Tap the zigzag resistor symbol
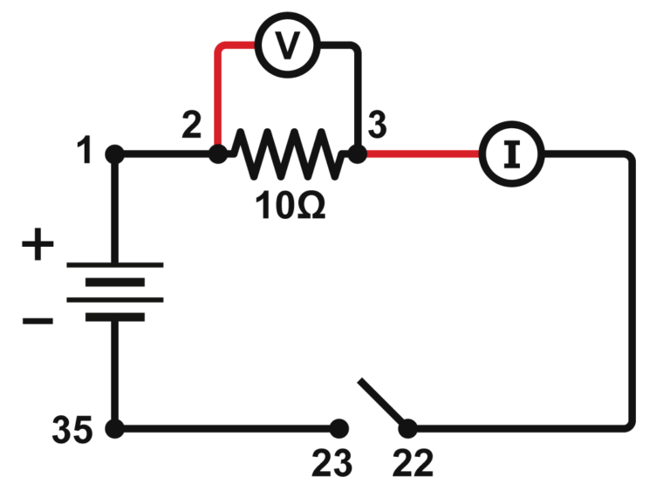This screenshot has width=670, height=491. coord(287,154)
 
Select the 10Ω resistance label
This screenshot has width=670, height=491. coord(291,205)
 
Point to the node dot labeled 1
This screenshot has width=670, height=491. coord(113,154)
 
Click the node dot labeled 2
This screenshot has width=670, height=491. coord(218,154)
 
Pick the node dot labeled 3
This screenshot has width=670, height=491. coord(357,154)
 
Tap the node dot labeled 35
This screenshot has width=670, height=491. coord(113,428)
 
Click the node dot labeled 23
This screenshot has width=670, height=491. coord(338,428)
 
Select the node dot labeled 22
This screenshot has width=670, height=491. coord(407,428)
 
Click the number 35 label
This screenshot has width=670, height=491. coord(70,431)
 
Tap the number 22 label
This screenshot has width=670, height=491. coord(412,463)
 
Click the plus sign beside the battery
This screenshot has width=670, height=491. coord(37,247)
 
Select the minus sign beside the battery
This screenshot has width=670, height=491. coord(37,321)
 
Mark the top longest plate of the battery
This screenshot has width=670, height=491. coord(114,264)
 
